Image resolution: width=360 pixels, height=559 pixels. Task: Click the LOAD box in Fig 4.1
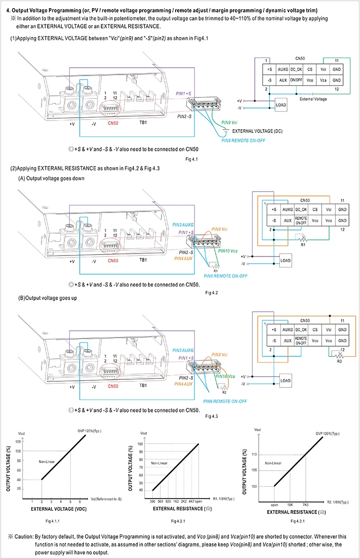pos(281,105)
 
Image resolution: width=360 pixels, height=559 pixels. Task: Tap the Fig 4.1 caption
pos(192,159)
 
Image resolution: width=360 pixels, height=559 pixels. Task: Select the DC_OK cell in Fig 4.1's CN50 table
pos(296,70)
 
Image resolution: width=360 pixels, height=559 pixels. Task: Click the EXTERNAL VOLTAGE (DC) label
pos(257,131)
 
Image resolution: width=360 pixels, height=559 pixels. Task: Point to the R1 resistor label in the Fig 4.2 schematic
pos(303,245)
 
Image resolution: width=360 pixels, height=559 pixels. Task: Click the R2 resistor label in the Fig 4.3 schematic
pos(339,361)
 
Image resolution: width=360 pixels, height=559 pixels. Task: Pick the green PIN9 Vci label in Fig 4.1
pos(229,122)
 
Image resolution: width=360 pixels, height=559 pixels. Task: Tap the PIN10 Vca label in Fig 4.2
pos(228,251)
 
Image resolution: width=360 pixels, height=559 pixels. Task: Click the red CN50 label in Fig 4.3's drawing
pos(113,386)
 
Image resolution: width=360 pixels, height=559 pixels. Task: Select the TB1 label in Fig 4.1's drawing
pos(143,122)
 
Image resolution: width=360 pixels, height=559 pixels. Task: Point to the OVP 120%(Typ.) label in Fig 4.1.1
pos(89,431)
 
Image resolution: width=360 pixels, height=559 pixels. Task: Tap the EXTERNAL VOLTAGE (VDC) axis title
pos(59,509)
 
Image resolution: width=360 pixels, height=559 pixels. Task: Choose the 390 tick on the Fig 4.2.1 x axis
pos(152,501)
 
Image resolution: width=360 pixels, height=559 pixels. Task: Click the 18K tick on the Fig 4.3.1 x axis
pos(290,505)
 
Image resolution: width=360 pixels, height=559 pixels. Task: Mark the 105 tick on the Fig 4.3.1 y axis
pos(254,470)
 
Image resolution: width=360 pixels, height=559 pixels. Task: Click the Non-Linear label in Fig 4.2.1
pos(159,463)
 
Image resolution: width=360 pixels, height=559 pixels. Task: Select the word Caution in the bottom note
pos(24,536)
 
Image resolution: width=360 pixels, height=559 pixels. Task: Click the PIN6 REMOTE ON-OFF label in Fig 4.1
pos(243,140)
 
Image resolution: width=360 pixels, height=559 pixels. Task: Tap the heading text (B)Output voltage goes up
pos(48,298)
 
